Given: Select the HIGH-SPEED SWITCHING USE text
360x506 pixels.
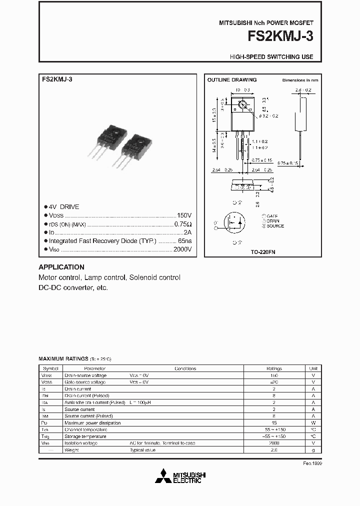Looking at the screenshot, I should pos(271,57).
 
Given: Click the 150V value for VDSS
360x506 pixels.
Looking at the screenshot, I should pos(184,215).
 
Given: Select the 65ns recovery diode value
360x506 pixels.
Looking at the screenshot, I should pos(184,241).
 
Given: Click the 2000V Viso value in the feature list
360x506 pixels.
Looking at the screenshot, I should pos(182,249).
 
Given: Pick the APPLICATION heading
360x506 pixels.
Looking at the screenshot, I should pos(61,267).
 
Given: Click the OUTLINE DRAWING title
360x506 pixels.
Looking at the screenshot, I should pos(232,80).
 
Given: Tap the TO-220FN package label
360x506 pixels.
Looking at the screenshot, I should pos(263,252).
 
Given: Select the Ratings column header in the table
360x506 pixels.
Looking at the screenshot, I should pos(273,368).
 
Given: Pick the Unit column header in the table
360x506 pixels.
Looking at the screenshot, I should pos(313,368).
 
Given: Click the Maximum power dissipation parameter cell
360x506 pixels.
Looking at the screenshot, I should pos(92,423).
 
